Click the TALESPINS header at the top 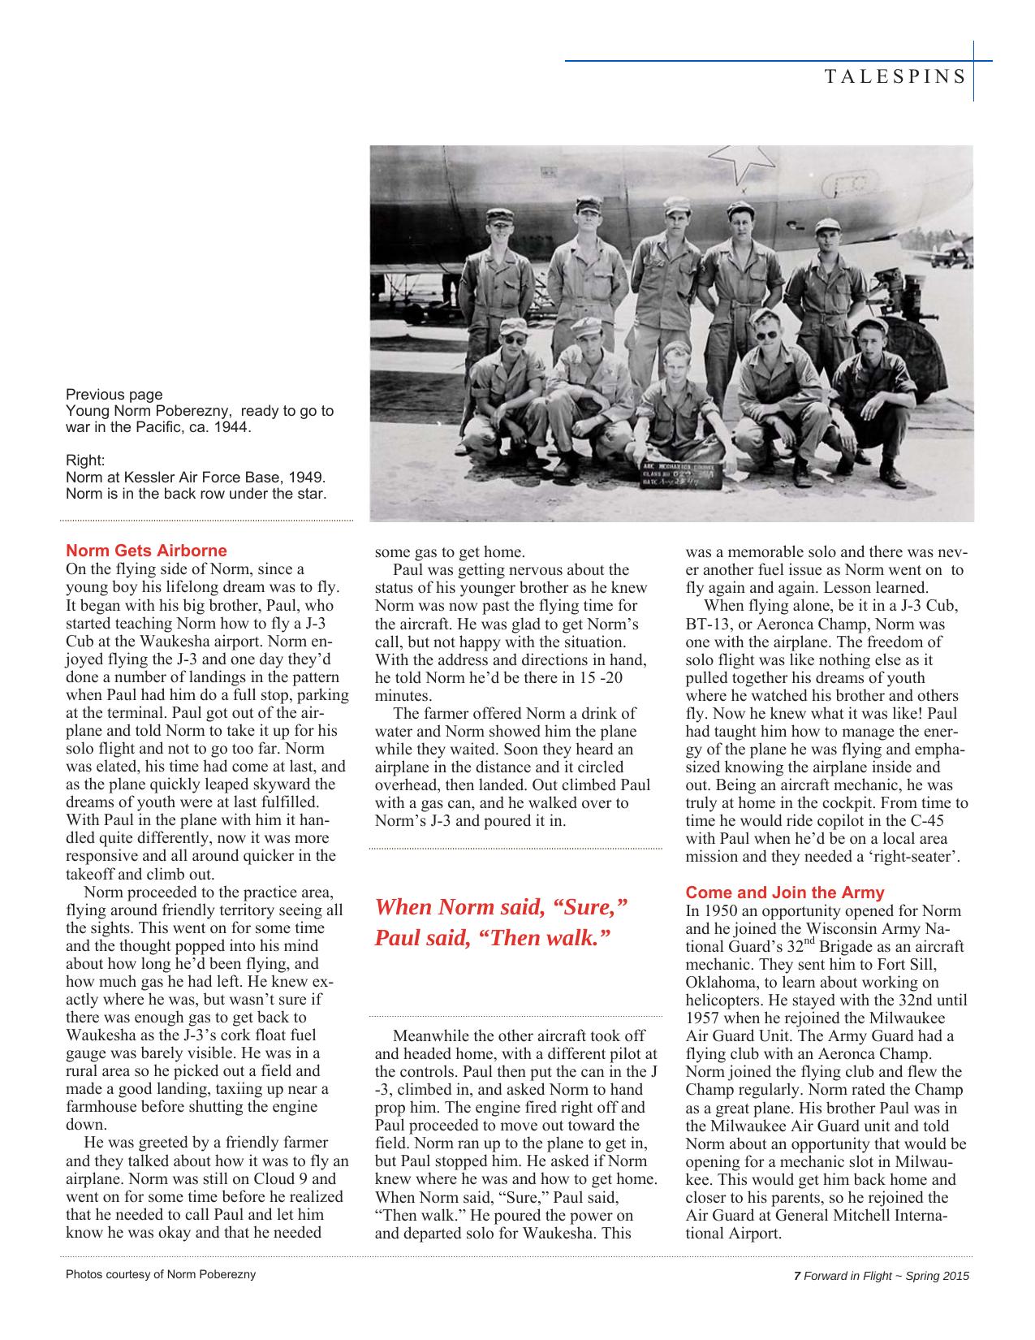coord(895,77)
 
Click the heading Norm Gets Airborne coord(146,551)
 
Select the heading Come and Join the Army coord(785,893)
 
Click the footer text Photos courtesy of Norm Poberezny coord(161,1274)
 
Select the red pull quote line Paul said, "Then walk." coord(492,938)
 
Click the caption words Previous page coord(114,395)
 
